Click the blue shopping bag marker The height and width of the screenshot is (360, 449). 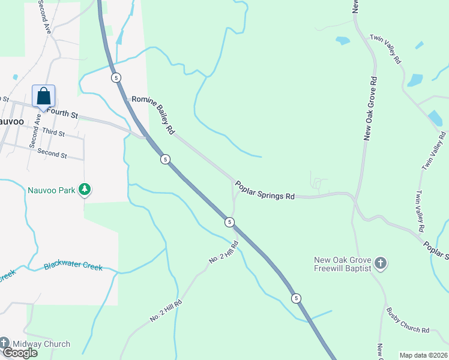44,96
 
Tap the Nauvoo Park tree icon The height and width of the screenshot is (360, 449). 85,190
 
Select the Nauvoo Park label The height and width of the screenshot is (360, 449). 51,190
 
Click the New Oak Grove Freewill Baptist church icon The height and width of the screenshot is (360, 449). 381,263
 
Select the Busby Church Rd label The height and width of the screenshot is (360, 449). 408,321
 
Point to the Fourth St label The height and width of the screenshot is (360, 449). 62,113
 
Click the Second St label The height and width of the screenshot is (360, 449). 52,152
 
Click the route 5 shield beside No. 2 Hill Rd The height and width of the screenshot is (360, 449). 229,222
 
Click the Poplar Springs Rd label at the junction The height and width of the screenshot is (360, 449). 265,190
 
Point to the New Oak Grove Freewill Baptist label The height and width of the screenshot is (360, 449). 343,265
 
